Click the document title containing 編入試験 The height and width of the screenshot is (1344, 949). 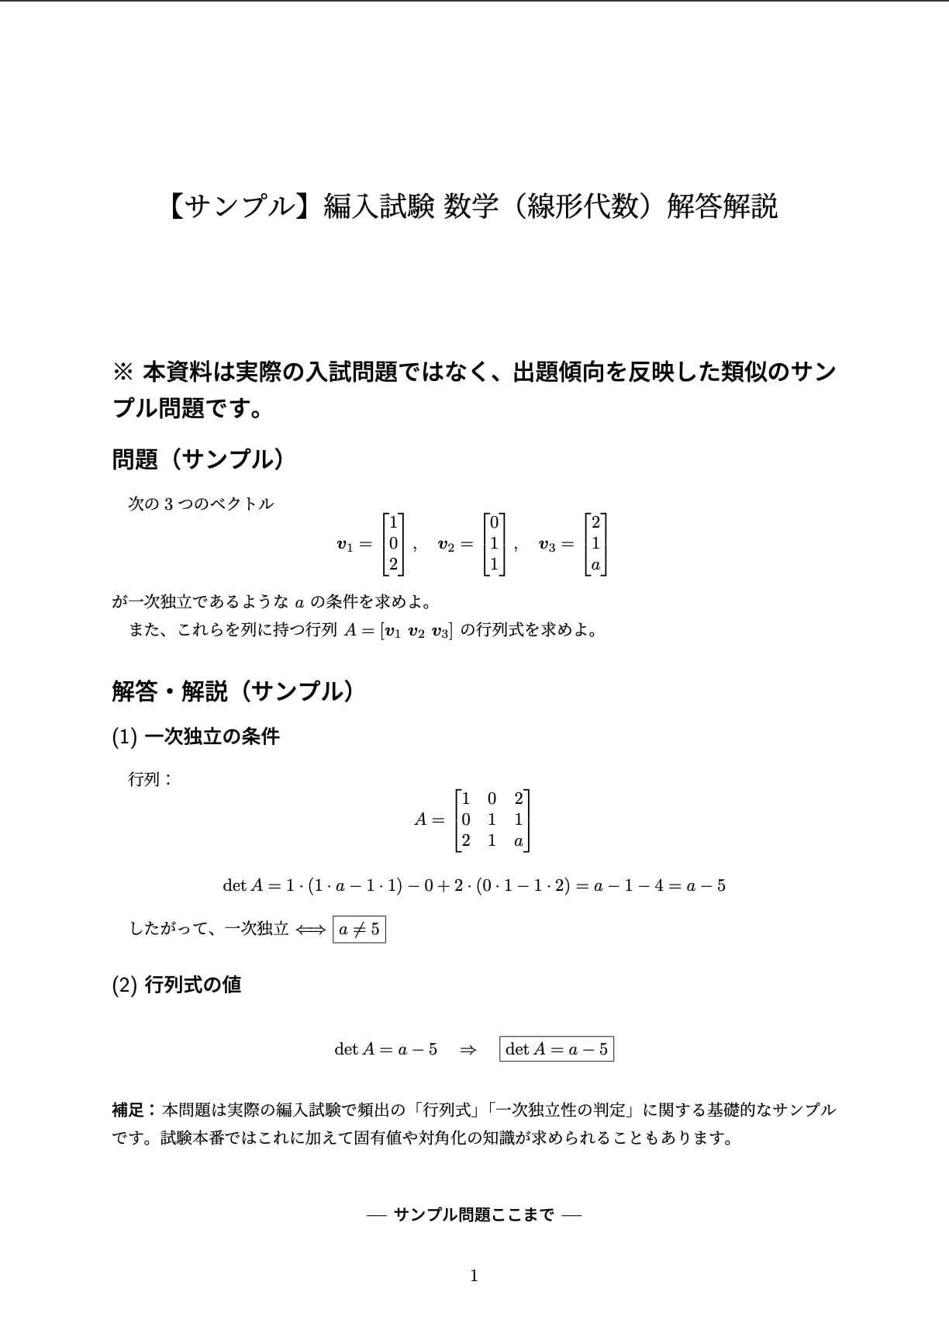tap(473, 207)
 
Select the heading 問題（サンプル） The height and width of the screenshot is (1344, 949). tap(198, 459)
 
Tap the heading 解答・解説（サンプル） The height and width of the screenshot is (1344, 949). tap(233, 691)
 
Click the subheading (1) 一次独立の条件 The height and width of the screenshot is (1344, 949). tap(195, 736)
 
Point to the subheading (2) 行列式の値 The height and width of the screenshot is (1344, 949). tap(177, 985)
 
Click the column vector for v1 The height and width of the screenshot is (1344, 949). tap(393, 544)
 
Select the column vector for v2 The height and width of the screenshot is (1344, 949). tap(494, 544)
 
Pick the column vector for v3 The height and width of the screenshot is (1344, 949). tap(595, 544)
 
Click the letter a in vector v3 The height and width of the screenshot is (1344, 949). tap(595, 566)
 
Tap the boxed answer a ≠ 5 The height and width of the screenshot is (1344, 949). tap(359, 929)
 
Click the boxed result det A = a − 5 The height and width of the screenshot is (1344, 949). tap(557, 1049)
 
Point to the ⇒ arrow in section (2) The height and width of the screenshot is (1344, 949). tap(468, 1049)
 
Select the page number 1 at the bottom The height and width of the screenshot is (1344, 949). tap(474, 1276)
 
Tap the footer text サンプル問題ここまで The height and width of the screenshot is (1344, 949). tap(474, 1214)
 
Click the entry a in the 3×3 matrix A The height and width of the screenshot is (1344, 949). tap(518, 841)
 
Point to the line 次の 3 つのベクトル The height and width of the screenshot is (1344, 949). tap(201, 504)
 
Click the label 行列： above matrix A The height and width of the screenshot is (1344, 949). tap(150, 779)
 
